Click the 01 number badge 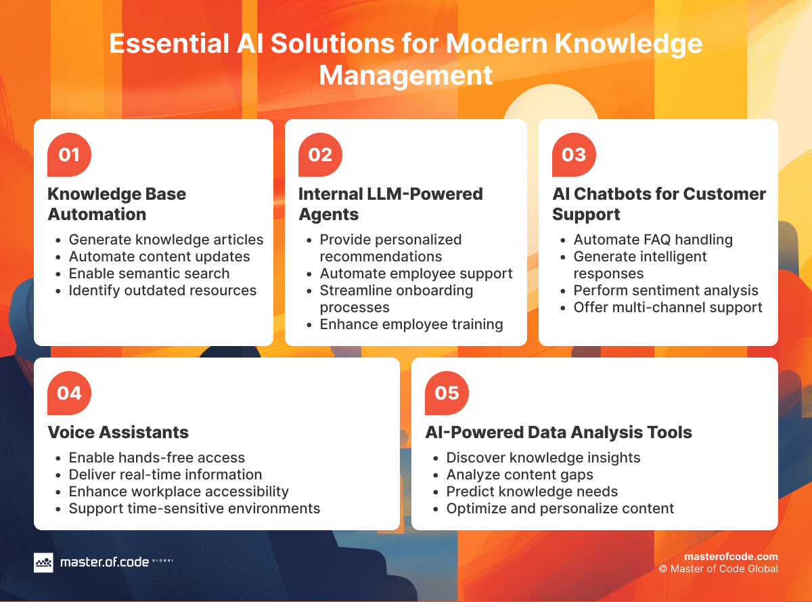[69, 155]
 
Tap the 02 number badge [320, 155]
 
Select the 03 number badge [574, 155]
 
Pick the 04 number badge [69, 393]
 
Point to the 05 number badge [447, 393]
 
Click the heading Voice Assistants [118, 432]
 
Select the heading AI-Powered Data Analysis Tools [558, 432]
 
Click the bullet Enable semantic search [149, 274]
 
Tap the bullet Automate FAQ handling [653, 240]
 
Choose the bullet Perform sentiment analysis [666, 291]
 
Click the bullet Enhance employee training [411, 324]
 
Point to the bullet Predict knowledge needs [532, 492]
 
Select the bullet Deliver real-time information [165, 475]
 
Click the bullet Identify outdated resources [162, 291]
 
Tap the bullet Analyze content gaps [520, 475]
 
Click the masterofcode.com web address [731, 557]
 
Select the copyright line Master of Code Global [719, 569]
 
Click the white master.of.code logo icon [43, 562]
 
